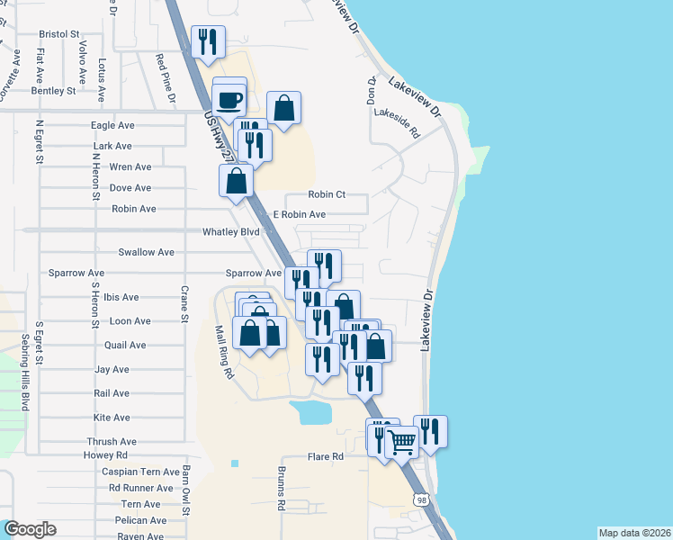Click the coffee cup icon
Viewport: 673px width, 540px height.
tap(230, 97)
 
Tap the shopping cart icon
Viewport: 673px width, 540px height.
tap(401, 442)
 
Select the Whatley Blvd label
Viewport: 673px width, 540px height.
tap(231, 231)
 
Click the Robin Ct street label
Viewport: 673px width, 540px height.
tap(327, 194)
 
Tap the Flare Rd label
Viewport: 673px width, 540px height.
tap(326, 456)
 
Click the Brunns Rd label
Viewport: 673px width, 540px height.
tap(281, 491)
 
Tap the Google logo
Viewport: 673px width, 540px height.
tap(30, 529)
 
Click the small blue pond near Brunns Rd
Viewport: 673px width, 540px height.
tap(311, 413)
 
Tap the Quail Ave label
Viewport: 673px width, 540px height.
tap(125, 345)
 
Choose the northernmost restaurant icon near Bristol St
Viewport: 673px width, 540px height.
tap(208, 41)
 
